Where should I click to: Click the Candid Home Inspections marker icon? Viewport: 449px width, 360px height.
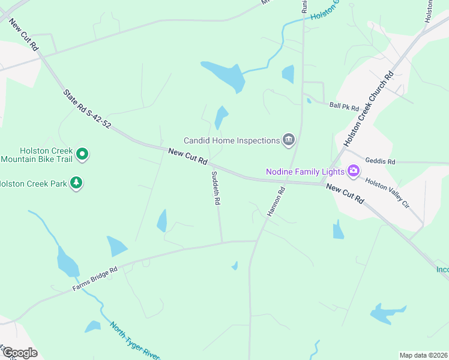(x=289, y=140)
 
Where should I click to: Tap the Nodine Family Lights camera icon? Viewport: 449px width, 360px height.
(x=354, y=172)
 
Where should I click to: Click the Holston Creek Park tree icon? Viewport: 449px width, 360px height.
(x=76, y=182)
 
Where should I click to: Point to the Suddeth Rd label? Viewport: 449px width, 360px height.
(x=215, y=188)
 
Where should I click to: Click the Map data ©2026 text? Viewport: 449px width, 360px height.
(x=423, y=355)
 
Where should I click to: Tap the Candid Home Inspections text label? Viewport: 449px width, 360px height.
(x=232, y=140)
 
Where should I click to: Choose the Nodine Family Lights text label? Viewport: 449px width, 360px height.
(x=305, y=172)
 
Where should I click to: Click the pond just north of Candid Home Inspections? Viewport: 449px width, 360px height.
(x=221, y=116)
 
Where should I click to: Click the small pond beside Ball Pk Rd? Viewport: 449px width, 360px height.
(x=309, y=101)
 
